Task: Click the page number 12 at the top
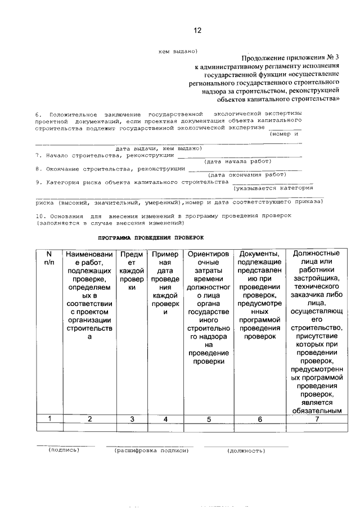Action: [197, 30]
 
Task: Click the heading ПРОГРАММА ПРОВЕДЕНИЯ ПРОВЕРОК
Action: [150, 238]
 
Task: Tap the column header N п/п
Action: [48, 258]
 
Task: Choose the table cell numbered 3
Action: [132, 418]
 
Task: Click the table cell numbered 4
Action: [165, 418]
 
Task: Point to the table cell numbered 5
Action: [209, 418]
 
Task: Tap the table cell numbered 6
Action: [259, 418]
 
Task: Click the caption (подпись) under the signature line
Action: [64, 450]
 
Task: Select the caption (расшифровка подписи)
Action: [150, 451]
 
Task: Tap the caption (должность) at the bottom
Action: [246, 451]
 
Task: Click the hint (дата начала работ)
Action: [238, 161]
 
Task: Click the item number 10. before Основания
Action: [39, 215]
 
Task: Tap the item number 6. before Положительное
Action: [38, 114]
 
